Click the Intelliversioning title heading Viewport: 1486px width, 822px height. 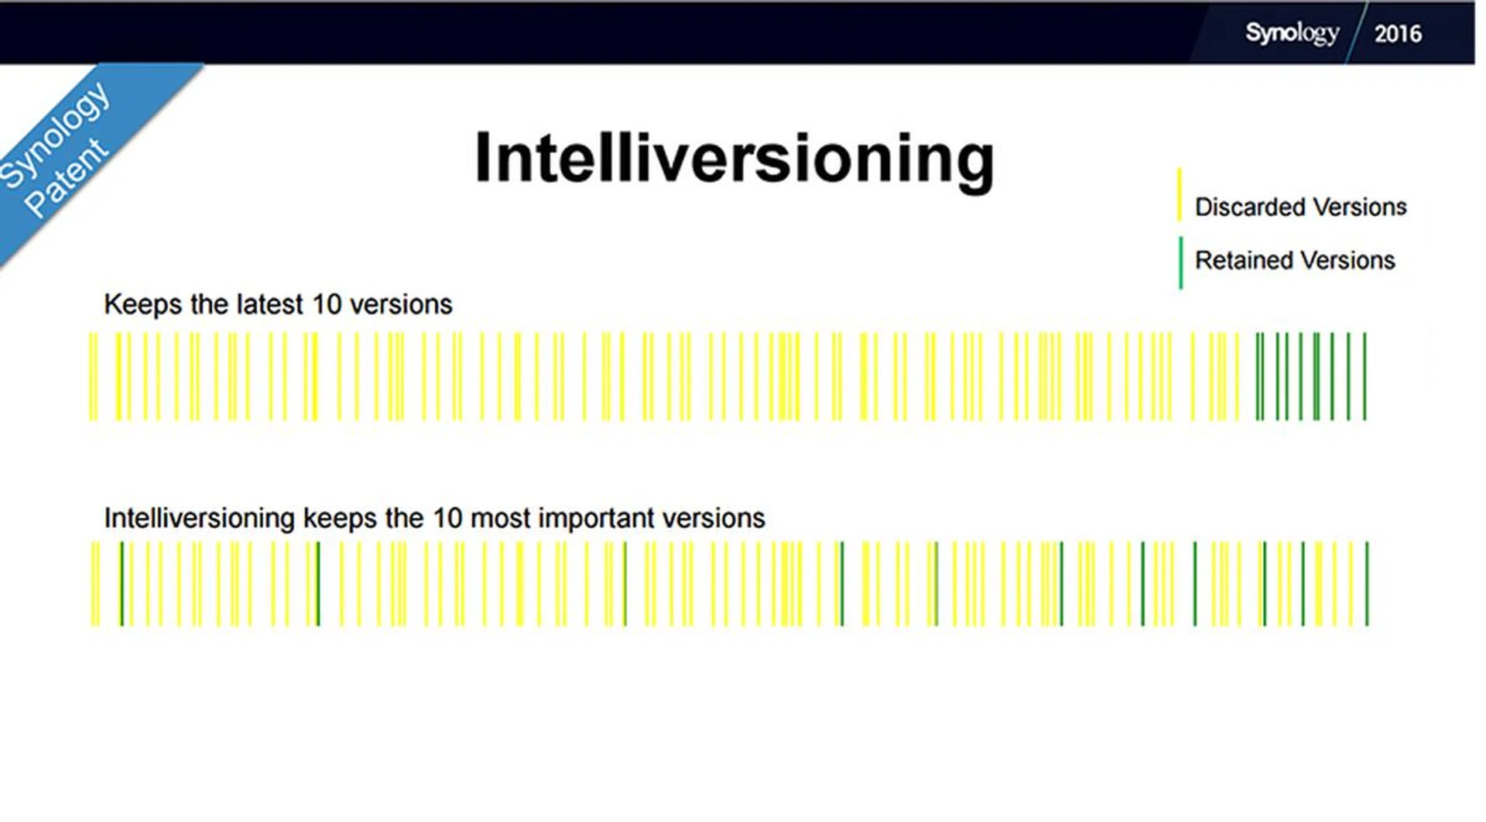[x=734, y=159]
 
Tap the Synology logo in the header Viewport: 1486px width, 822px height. [x=1292, y=33]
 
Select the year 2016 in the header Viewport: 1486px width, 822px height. [x=1398, y=34]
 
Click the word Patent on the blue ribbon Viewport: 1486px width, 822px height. [x=67, y=177]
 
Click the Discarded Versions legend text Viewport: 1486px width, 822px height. [x=1300, y=207]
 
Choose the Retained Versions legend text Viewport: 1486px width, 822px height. [x=1295, y=260]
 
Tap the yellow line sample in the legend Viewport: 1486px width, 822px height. [x=1180, y=194]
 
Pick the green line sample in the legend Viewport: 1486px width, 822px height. [x=1180, y=263]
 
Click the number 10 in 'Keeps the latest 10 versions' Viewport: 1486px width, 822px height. [x=327, y=304]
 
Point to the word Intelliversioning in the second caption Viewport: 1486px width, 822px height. [x=199, y=519]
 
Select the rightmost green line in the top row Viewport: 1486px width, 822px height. [x=1364, y=376]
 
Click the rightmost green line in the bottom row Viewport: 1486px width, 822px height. [x=1367, y=584]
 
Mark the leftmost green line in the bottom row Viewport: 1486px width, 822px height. [x=122, y=584]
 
